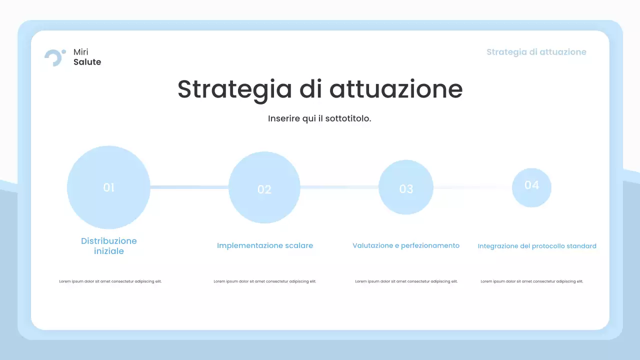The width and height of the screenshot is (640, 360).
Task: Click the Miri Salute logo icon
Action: pos(54,57)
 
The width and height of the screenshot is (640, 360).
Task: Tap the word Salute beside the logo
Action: pos(87,62)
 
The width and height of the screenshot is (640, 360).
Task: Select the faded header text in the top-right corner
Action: pos(536,52)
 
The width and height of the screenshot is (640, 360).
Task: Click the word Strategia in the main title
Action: pos(234,89)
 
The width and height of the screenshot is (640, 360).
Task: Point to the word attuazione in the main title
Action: pos(395,89)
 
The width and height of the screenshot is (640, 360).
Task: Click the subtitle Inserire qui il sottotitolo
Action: pos(319,118)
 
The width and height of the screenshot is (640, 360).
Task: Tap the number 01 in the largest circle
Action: pos(109,187)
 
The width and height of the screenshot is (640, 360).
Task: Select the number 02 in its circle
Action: pos(264,189)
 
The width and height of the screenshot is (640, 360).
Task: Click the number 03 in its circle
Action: pos(406,189)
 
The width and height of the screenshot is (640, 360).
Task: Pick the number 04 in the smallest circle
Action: pos(531,185)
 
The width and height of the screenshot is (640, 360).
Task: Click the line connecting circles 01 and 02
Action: pos(189,187)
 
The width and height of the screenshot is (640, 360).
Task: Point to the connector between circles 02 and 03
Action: pos(339,187)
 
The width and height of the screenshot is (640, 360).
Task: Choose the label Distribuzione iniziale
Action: pos(109,246)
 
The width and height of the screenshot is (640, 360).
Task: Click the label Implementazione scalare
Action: pos(265,245)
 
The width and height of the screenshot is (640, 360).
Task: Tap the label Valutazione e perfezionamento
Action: pos(406,245)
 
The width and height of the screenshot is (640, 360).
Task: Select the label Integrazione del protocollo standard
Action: pos(537,246)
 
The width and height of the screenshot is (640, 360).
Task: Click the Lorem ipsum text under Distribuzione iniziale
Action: pos(110,281)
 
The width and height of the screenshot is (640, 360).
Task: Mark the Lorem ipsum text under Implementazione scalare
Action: pos(265,281)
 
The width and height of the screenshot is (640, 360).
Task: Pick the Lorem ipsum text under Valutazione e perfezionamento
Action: pos(406,281)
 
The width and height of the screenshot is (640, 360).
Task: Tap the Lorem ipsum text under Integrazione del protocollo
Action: pos(532,281)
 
